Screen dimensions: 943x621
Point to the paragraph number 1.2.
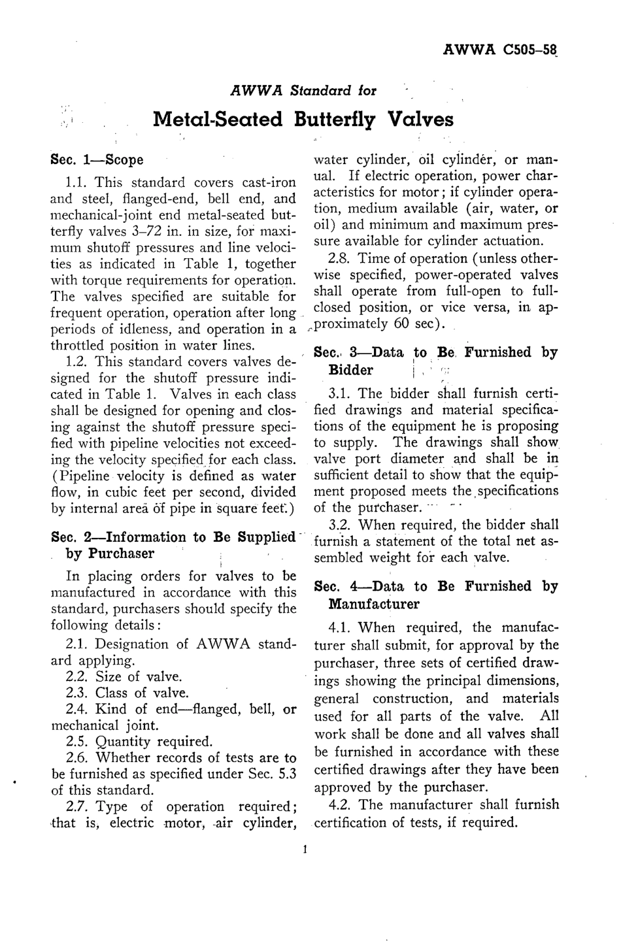pos(78,362)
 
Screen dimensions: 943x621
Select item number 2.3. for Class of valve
pos(78,693)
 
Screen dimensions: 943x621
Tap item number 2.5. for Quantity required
pos(78,742)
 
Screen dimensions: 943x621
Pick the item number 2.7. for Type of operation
pos(78,806)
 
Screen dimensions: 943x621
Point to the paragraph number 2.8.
pos(341,259)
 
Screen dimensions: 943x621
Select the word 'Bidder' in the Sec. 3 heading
pos(350,371)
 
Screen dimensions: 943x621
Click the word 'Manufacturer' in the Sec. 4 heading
pos(374,604)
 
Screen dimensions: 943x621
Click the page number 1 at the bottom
pos(305,850)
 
